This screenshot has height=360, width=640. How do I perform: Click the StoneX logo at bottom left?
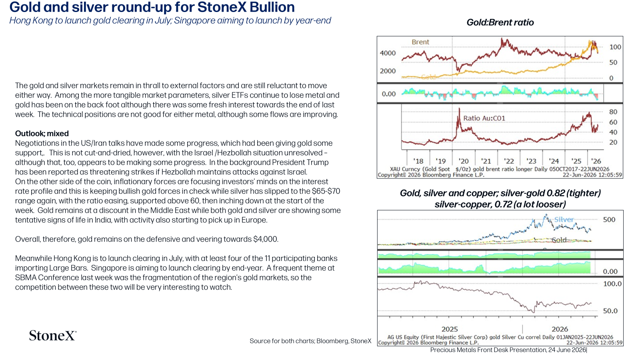(x=52, y=336)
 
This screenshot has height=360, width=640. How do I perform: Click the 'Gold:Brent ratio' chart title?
(x=500, y=22)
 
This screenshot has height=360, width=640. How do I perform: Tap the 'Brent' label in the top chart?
(x=420, y=42)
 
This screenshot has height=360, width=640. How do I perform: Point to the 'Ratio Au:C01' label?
(x=484, y=118)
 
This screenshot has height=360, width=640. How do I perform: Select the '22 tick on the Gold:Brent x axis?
(x=508, y=161)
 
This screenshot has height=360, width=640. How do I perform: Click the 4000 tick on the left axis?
(x=388, y=53)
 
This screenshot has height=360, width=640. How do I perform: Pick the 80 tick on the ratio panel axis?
(x=613, y=112)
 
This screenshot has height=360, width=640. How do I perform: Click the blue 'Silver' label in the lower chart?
(x=564, y=220)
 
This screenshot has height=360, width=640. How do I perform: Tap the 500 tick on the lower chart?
(x=609, y=220)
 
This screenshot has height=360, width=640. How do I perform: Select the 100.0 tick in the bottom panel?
(x=612, y=284)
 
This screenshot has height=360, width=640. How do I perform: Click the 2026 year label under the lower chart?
(x=560, y=329)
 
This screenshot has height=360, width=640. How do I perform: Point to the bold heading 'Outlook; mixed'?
(x=42, y=134)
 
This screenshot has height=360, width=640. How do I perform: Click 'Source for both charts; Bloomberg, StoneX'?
(x=310, y=341)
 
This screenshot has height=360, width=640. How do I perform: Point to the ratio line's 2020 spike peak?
(x=459, y=108)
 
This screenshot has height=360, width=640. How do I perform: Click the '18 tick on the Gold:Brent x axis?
(x=418, y=161)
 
